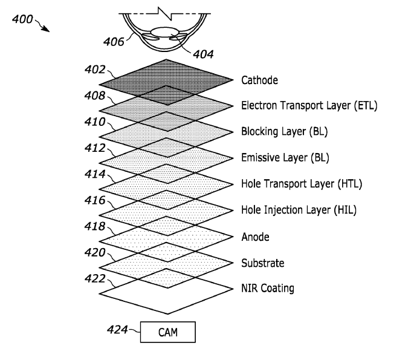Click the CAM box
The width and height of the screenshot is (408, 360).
(x=168, y=332)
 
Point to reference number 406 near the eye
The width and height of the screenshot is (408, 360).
(x=114, y=42)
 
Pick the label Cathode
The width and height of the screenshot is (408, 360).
(x=259, y=80)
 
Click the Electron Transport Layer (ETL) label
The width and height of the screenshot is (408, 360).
(x=309, y=105)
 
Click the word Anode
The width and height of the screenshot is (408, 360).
(x=255, y=237)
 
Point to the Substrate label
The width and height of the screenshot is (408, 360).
(x=262, y=263)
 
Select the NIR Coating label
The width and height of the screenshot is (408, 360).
(x=268, y=289)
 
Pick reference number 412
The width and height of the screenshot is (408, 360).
(x=96, y=148)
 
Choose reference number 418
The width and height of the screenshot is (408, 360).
(x=96, y=226)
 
